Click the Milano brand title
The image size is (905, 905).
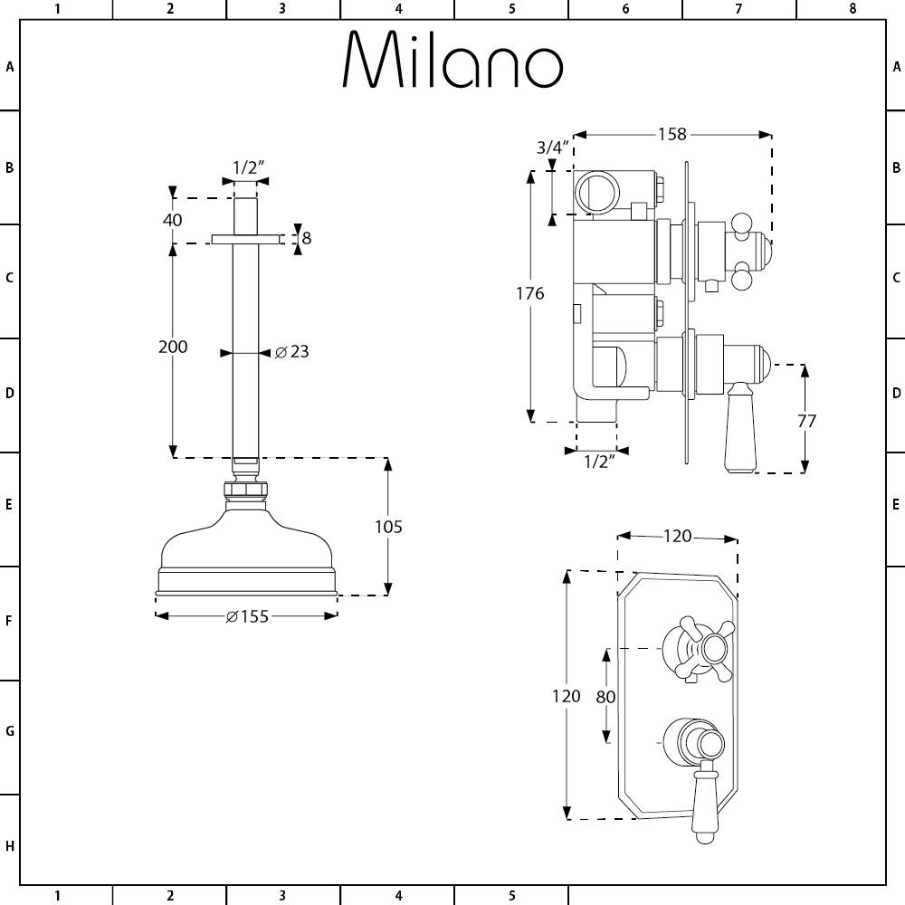(x=452, y=61)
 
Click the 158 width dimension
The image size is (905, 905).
(x=672, y=135)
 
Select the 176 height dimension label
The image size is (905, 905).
(x=530, y=293)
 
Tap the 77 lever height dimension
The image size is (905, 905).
(x=806, y=420)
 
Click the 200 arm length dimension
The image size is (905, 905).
(x=173, y=347)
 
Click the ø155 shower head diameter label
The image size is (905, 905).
(x=247, y=617)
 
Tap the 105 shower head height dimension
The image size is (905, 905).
(x=388, y=527)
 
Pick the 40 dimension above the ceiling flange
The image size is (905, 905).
(x=172, y=220)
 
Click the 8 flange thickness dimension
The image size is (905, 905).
(x=306, y=238)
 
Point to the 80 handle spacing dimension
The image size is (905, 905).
(x=605, y=697)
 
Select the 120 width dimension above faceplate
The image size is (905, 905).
(x=677, y=537)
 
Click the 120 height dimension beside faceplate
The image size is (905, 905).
(x=566, y=696)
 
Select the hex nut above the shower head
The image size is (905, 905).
(x=245, y=491)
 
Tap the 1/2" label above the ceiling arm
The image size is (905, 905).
(x=247, y=167)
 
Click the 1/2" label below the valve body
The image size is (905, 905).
(x=597, y=462)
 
